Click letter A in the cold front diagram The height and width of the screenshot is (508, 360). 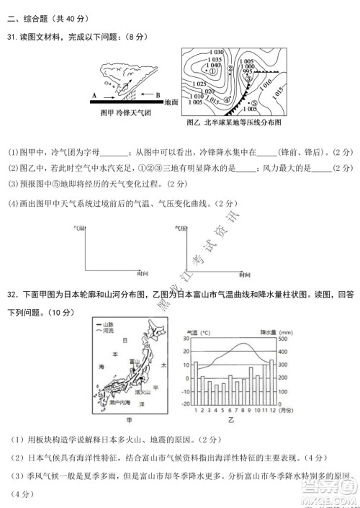94,94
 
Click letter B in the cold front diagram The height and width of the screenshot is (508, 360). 158,94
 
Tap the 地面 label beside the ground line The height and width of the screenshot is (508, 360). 171,102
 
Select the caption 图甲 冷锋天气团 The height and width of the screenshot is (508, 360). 125,113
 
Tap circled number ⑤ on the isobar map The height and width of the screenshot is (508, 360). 254,102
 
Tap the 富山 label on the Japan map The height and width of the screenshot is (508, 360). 134,361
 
